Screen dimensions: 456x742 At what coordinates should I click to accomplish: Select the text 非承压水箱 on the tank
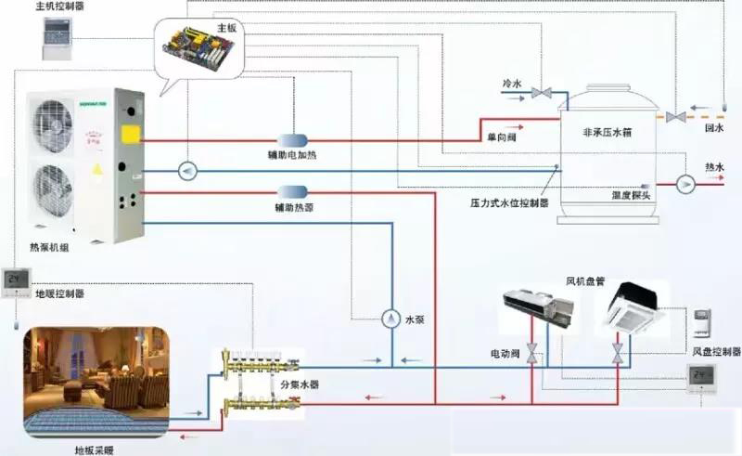[608, 133]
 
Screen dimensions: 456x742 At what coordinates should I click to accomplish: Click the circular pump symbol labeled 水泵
[391, 319]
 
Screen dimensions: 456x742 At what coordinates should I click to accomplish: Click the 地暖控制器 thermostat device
[16, 280]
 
